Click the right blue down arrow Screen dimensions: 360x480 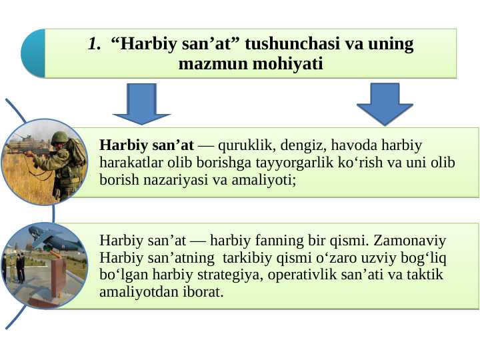tap(385, 103)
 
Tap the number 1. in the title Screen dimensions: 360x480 tap(94, 45)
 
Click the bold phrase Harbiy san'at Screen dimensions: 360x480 tap(146, 145)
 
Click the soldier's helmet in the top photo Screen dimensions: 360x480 tap(60, 137)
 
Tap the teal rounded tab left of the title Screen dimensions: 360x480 tap(32, 53)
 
